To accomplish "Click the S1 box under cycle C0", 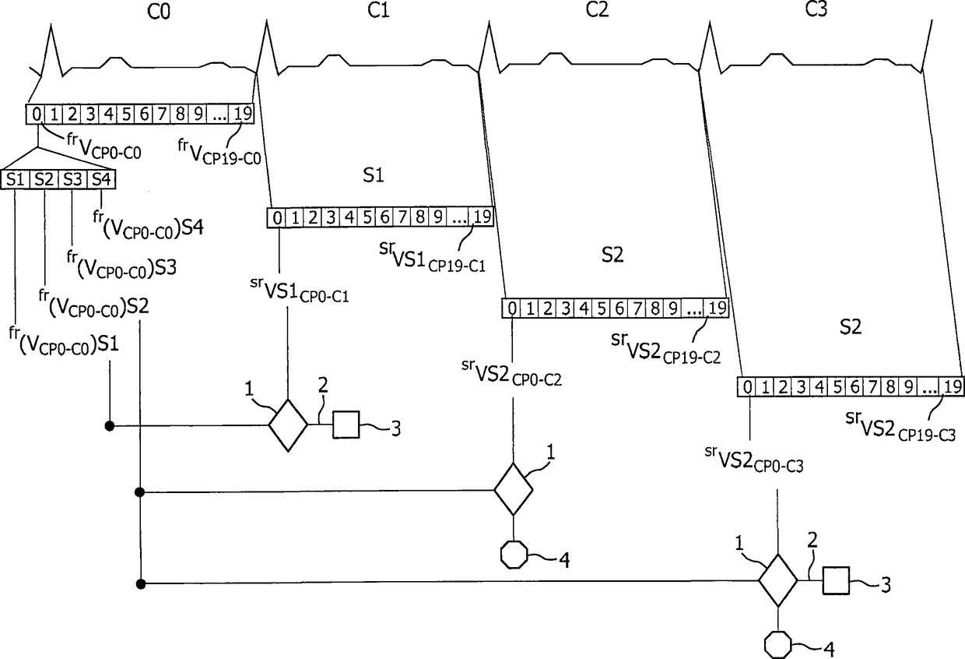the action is click(15, 178).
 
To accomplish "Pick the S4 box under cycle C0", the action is click(99, 178).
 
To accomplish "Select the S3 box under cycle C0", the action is click(71, 178).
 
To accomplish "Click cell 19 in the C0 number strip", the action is click(243, 114).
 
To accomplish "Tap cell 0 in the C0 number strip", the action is click(36, 114).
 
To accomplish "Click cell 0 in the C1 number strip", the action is click(277, 217).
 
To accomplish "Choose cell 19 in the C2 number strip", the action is click(718, 308).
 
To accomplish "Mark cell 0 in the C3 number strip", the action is click(746, 386).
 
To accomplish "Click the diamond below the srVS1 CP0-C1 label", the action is click(288, 425).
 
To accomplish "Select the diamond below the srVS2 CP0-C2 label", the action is click(513, 489).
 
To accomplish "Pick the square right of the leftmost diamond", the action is click(346, 425).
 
